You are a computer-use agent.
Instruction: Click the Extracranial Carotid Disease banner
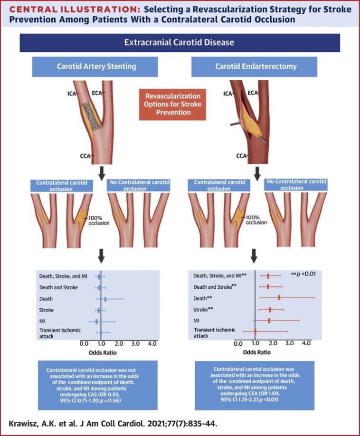(x=180, y=42)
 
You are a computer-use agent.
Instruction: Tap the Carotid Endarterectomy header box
(x=254, y=66)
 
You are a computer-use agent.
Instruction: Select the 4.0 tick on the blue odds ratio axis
(x=152, y=343)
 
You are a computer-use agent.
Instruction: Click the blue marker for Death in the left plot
(x=105, y=299)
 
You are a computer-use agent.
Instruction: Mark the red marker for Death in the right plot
(x=279, y=297)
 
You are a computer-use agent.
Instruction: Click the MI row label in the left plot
(x=43, y=321)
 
